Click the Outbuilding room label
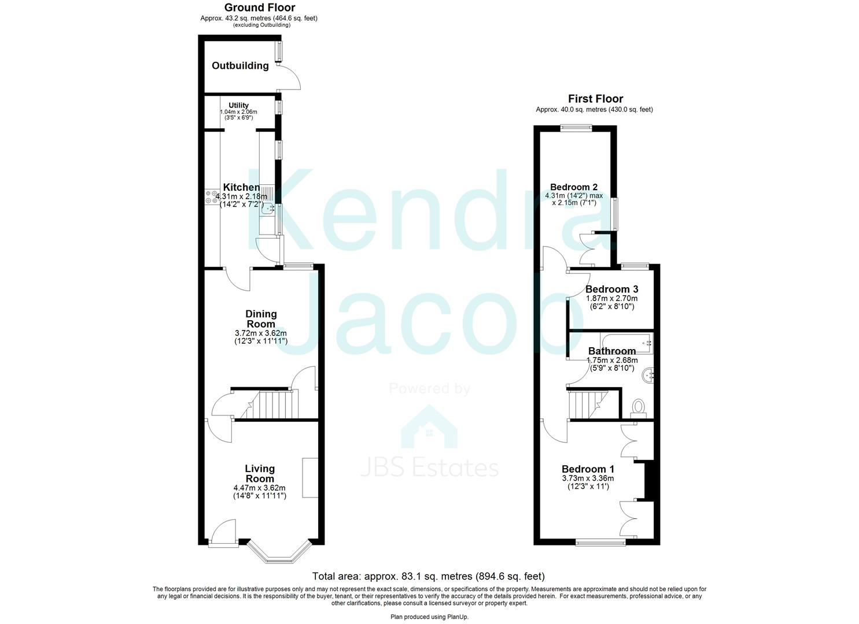point(241,66)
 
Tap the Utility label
point(238,105)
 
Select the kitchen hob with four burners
point(211,197)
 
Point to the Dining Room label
point(261,319)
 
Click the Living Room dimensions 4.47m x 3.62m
point(260,488)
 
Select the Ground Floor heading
point(260,8)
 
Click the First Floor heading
point(596,99)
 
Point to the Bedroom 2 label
point(574,187)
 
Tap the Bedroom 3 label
point(611,289)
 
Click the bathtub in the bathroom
point(626,343)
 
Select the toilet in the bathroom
point(639,408)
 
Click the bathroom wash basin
point(648,376)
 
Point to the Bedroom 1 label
point(588,469)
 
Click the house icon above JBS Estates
point(429,427)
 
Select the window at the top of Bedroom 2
point(576,128)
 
